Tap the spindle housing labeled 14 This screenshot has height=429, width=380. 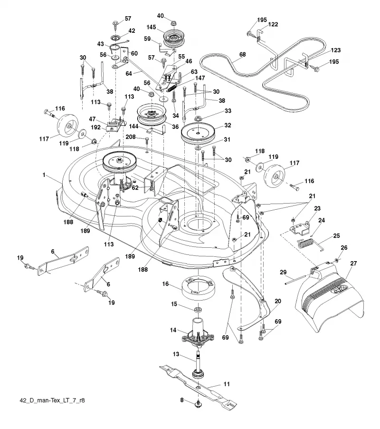pyautogui.click(x=198, y=333)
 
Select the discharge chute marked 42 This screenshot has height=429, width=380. pyautogui.click(x=331, y=297)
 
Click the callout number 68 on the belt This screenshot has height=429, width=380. pyautogui.click(x=243, y=54)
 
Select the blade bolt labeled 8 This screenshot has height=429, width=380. pyautogui.click(x=198, y=404)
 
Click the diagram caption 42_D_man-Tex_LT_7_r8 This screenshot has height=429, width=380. pyautogui.click(x=52, y=400)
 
